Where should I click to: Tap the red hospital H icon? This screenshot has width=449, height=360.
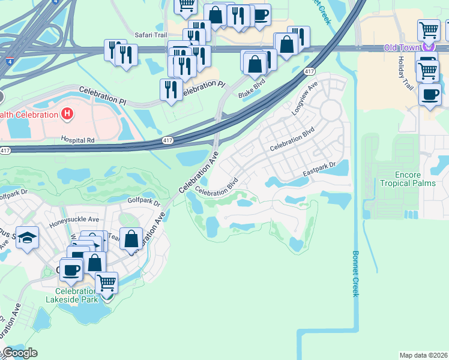68,113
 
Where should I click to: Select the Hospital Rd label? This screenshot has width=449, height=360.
78,139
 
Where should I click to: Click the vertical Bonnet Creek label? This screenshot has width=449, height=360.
355,273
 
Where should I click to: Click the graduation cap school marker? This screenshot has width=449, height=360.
27,238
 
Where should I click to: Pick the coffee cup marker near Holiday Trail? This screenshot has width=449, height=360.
430,95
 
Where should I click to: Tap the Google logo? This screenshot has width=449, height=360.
20,353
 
